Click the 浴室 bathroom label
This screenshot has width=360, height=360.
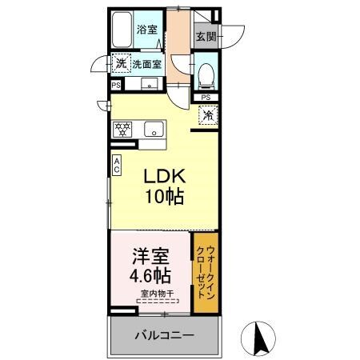tap(146, 30)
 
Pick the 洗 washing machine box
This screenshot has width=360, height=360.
tap(120, 62)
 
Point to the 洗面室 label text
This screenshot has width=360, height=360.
tap(147, 63)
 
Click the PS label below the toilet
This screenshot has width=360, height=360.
tap(206, 98)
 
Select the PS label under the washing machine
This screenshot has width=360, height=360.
tap(116, 84)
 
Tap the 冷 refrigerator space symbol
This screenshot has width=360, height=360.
tap(207, 115)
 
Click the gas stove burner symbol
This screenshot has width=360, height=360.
tap(122, 129)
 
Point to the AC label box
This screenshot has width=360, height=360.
tap(116, 166)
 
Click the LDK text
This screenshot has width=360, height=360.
tap(163, 177)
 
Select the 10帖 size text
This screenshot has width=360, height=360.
tap(163, 197)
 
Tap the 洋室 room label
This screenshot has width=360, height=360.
tap(150, 258)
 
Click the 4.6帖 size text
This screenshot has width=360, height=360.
tap(150, 277)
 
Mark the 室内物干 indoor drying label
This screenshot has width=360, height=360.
tap(155, 294)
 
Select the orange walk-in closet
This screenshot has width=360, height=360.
tap(204, 272)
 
